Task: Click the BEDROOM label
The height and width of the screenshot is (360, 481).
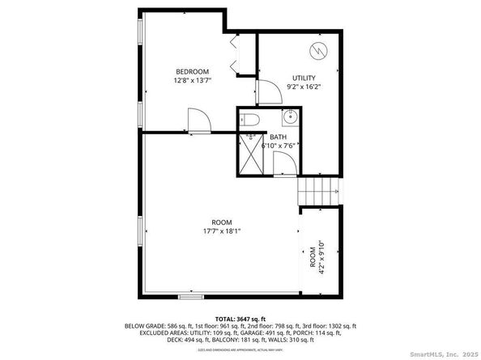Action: [x=193, y=70]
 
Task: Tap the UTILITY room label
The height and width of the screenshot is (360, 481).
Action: [x=304, y=78]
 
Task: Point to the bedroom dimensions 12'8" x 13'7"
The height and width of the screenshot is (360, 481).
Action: [x=193, y=80]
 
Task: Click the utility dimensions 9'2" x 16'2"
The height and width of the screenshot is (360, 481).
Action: [x=304, y=87]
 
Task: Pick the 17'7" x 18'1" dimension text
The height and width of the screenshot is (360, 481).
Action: [x=222, y=231]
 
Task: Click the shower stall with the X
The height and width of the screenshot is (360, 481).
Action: [x=253, y=155]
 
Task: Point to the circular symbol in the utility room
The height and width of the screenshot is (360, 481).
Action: [x=319, y=51]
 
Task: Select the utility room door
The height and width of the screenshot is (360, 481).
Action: [x=267, y=92]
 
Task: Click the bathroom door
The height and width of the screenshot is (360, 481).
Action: [x=283, y=163]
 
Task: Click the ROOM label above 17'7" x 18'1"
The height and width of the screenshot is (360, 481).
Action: [x=222, y=222]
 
